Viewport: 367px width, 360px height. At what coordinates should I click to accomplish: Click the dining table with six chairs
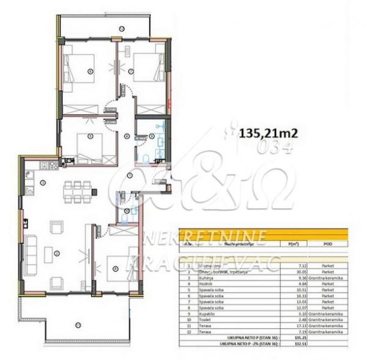click(78, 192)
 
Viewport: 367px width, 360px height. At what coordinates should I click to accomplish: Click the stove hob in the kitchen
click(53, 165)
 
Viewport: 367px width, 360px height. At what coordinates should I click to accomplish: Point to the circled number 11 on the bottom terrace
click(76, 324)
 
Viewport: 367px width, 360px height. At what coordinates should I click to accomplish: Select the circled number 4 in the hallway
click(127, 136)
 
